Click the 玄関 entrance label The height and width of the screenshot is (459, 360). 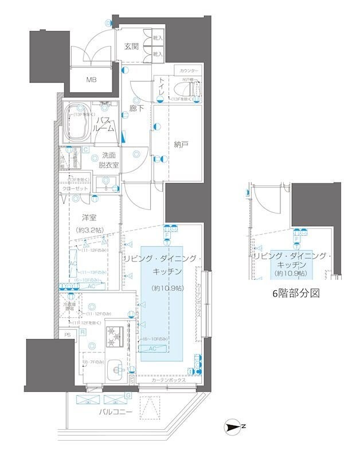pos(132,47)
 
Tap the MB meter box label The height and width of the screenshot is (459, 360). pos(92,80)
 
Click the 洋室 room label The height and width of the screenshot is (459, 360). pos(88,218)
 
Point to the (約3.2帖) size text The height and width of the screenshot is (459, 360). pos(88,230)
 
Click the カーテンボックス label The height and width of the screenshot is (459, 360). pos(168,380)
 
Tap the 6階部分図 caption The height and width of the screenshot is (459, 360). pos(295,293)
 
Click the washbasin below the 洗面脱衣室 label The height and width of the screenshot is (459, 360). pos(106,183)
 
